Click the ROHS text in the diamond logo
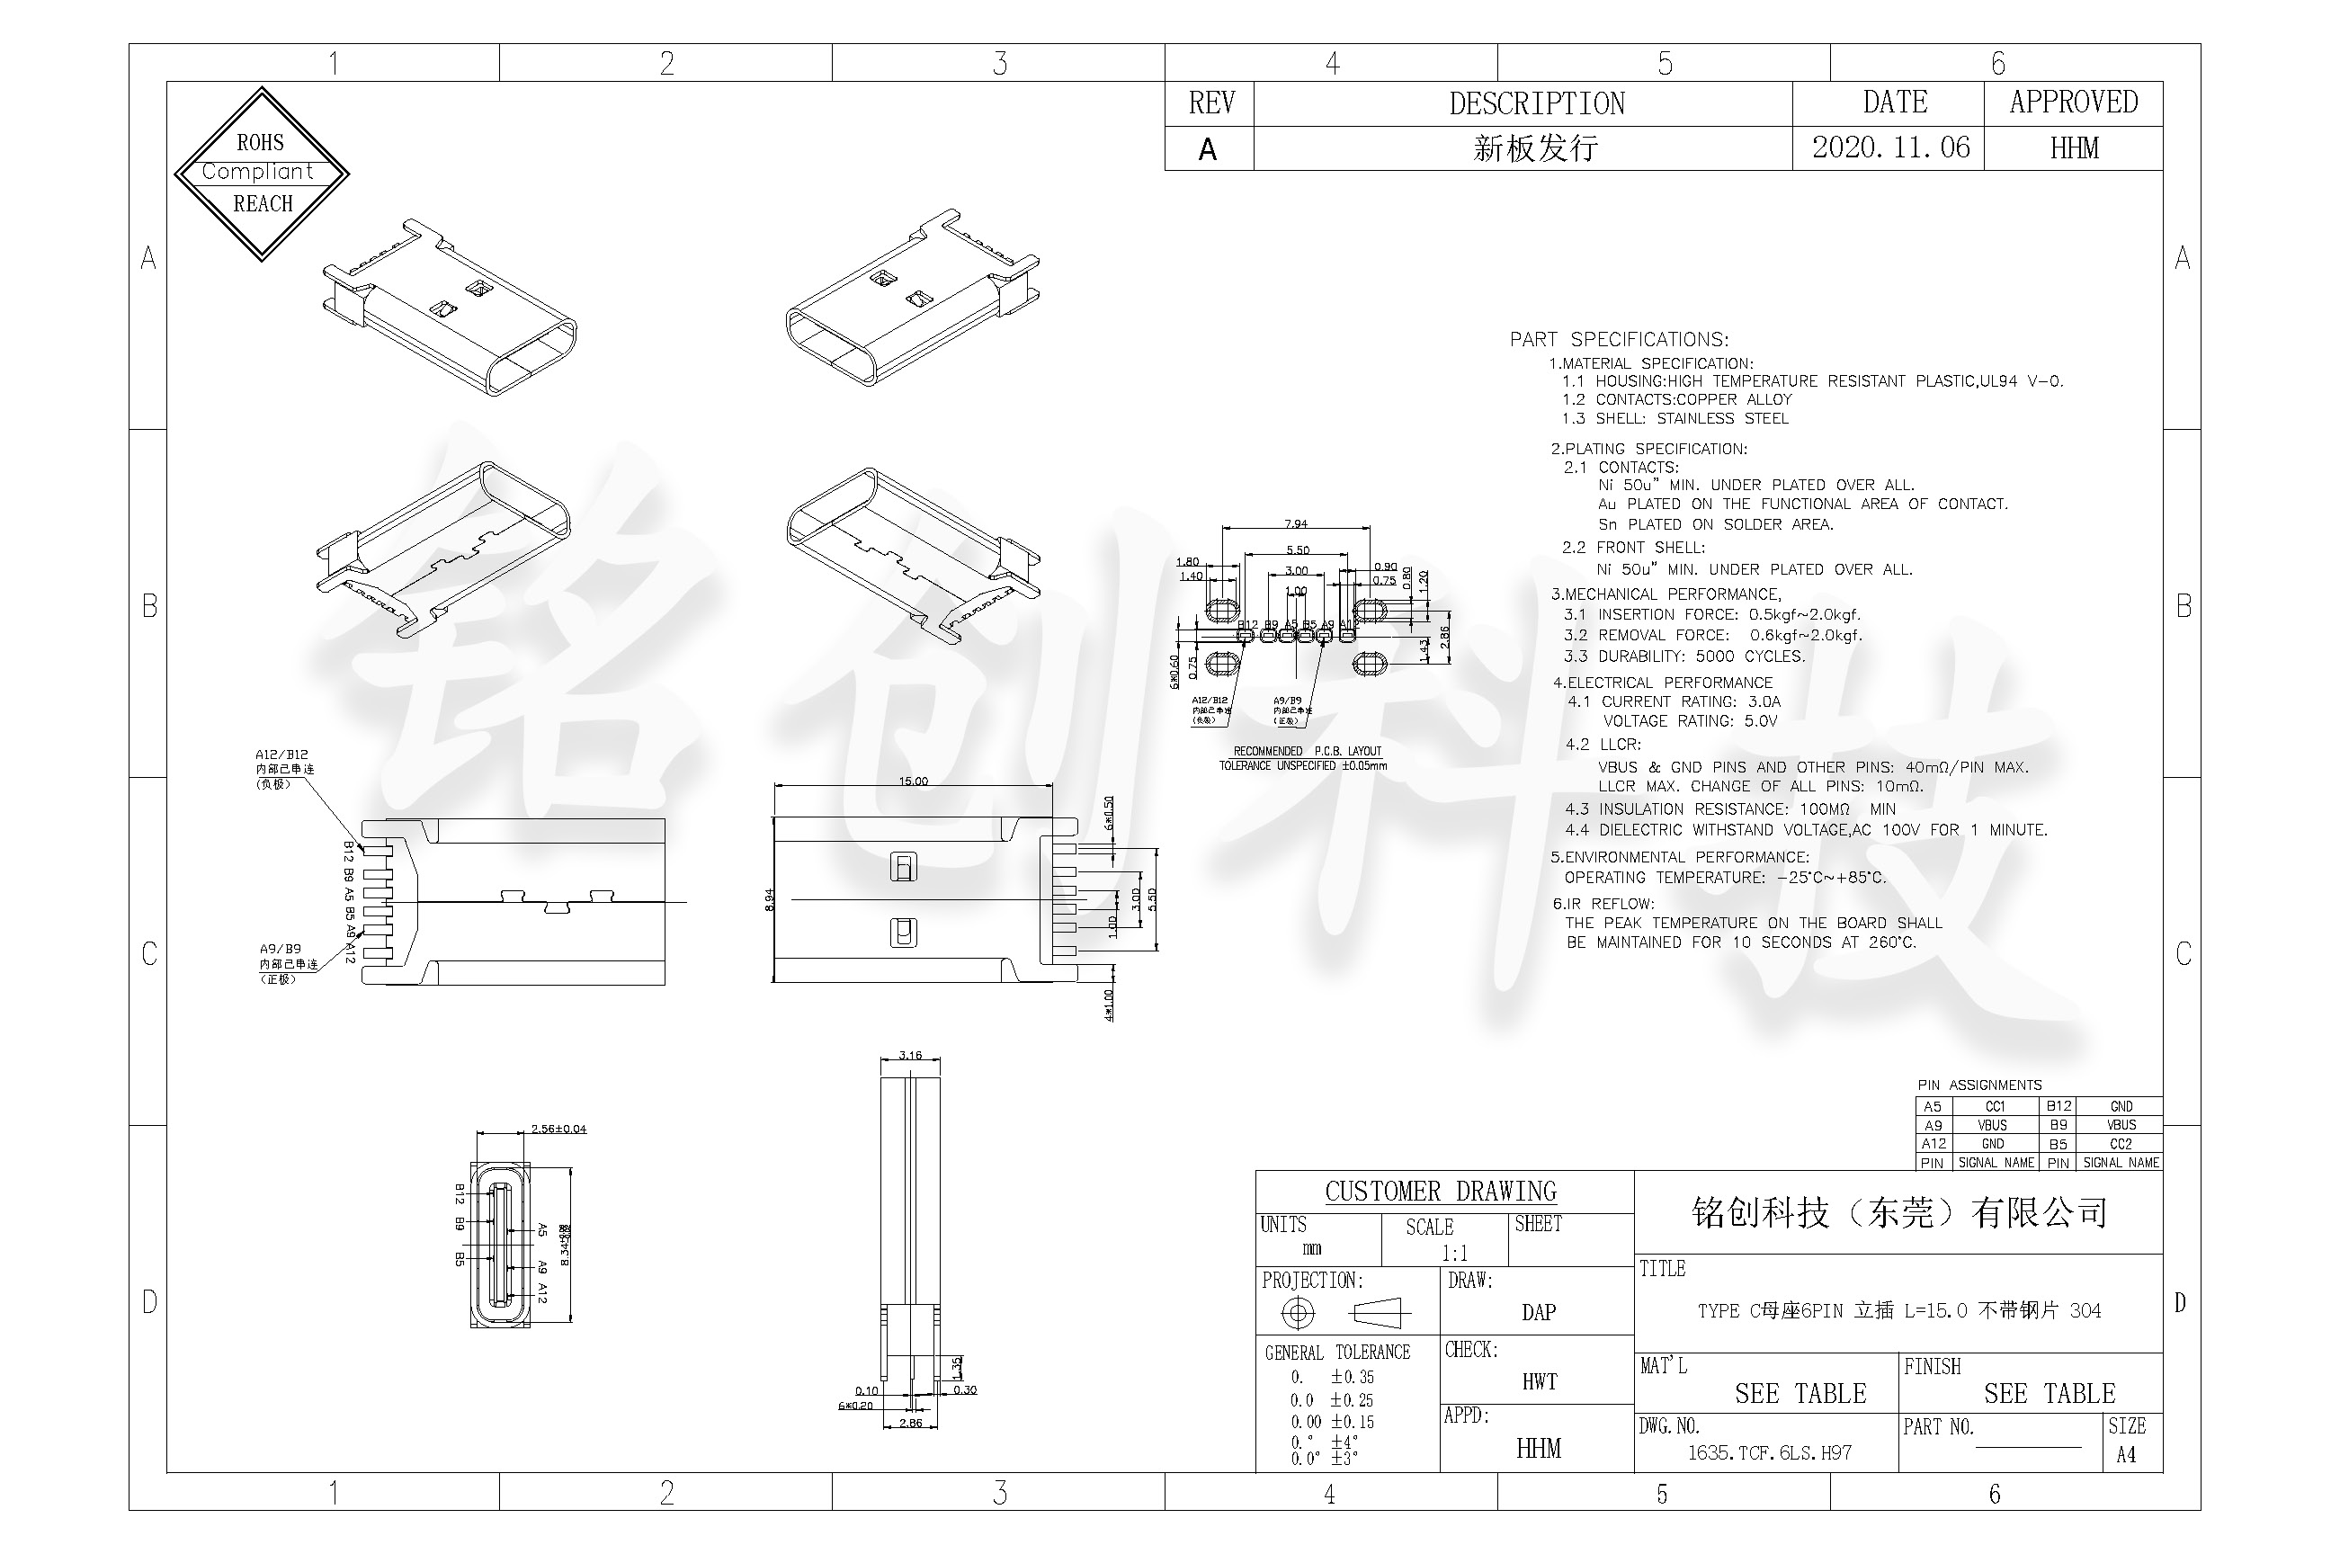point(260,143)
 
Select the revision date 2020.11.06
point(1890,147)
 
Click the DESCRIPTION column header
point(1536,103)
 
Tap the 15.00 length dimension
point(913,781)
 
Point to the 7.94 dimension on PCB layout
point(1295,523)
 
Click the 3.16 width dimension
point(909,1055)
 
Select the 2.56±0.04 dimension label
point(558,1128)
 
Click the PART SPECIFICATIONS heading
point(1619,339)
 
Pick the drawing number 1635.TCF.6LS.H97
point(1769,1453)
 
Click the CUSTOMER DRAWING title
point(1440,1192)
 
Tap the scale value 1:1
point(1454,1253)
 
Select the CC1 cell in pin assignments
point(1994,1106)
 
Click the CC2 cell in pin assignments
point(2120,1144)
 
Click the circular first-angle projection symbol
point(1298,1313)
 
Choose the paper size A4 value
point(2125,1455)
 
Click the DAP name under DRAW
point(1538,1312)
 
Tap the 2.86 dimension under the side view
point(910,1424)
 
